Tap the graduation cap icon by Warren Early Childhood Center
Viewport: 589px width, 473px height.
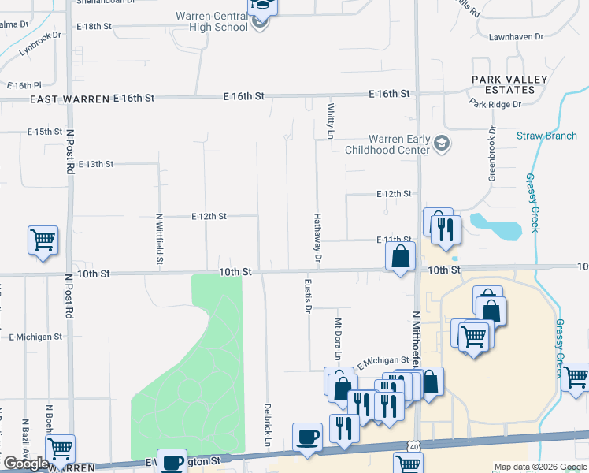(442, 143)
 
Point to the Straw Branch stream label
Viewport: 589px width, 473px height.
(546, 136)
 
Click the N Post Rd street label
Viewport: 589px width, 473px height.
(69, 151)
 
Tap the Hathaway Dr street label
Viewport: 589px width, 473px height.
(318, 237)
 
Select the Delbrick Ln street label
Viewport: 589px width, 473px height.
(267, 426)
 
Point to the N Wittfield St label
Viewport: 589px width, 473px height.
(159, 237)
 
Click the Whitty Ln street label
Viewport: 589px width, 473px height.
(331, 120)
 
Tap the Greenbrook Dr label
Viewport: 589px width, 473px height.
(491, 155)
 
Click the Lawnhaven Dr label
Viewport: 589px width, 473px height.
(516, 37)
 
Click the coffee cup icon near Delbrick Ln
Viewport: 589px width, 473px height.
(306, 436)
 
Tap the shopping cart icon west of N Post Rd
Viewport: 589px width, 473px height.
(43, 240)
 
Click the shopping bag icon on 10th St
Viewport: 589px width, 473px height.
(400, 256)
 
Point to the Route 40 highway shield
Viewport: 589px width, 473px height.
(413, 448)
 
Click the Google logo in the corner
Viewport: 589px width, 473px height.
(26, 464)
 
